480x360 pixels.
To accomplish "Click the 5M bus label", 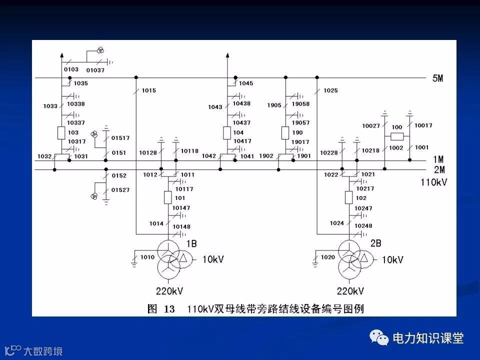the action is point(437,78).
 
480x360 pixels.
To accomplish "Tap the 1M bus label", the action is point(438,159).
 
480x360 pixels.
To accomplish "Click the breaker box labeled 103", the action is point(61,132).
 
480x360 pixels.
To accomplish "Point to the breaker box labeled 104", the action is point(227,132).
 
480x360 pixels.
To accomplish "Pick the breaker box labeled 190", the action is point(285,132).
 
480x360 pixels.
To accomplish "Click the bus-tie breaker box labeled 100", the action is point(396,137).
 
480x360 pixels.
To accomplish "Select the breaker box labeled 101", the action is point(168,198).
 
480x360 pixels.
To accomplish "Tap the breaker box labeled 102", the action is point(348,198).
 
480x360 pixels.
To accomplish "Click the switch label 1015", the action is point(148,90).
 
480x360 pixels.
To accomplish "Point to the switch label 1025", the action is point(330,90).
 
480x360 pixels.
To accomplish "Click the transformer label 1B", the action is point(191,243).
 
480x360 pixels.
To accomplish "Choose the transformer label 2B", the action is point(375,243).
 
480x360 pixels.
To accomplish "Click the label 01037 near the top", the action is point(95,70).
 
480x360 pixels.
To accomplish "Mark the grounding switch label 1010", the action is point(147,257).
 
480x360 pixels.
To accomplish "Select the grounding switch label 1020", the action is point(327,257).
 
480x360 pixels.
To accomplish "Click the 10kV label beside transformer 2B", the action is point(392,260).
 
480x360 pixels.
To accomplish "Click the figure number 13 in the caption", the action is point(169,309).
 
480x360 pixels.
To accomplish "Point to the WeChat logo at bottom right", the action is point(379,338).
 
